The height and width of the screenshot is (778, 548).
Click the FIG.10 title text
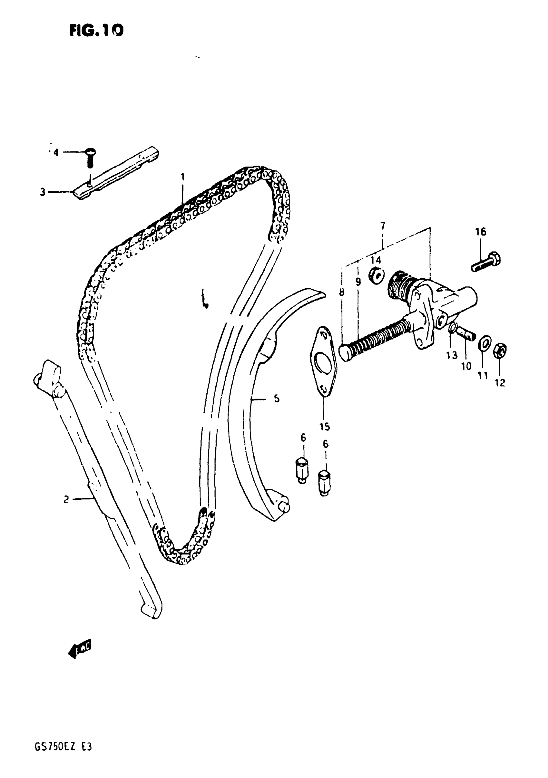(96, 31)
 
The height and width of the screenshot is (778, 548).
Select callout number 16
(481, 232)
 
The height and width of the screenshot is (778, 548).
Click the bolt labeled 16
(486, 262)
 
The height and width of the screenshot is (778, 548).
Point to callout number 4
(56, 152)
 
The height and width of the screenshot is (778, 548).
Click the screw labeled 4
(90, 157)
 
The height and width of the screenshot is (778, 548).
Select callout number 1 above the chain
(182, 177)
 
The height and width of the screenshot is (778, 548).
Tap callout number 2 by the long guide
(66, 499)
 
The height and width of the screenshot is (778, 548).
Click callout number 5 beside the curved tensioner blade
(277, 399)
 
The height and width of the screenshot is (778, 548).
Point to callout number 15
(325, 427)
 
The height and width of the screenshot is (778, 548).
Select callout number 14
(376, 260)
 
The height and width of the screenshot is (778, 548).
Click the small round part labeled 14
(377, 275)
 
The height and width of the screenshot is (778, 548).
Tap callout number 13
(452, 355)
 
